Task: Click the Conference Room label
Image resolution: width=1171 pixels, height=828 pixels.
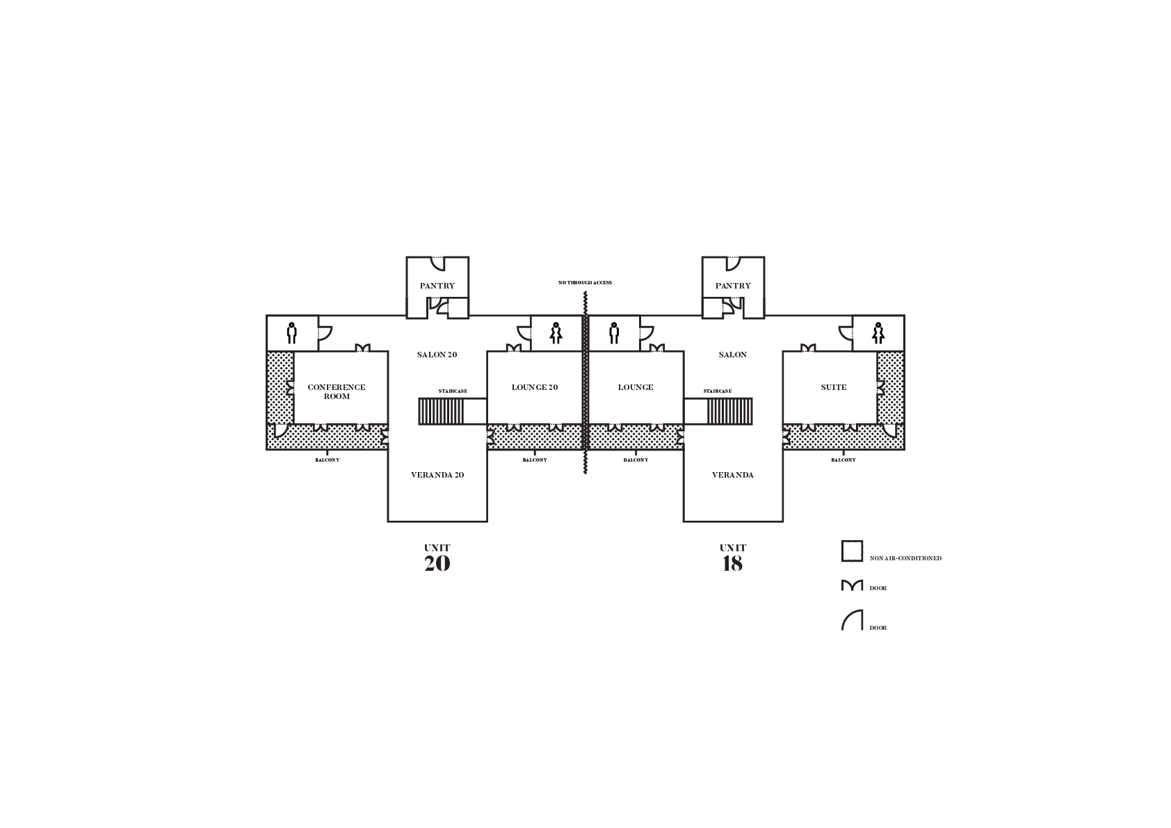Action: [x=336, y=391]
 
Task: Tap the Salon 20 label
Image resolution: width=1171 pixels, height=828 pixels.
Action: [x=437, y=355]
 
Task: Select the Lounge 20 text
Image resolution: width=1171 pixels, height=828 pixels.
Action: [x=535, y=387]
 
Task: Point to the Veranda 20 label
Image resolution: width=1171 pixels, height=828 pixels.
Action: [x=437, y=475]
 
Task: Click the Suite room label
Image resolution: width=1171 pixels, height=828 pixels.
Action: [x=833, y=387]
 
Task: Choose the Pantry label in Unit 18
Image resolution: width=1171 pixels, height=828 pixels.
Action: [x=733, y=286]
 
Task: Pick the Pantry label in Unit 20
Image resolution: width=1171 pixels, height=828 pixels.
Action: [x=437, y=286]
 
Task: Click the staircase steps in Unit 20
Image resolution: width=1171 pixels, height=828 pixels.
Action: [x=441, y=412]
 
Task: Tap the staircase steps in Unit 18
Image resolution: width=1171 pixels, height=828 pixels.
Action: [x=729, y=412]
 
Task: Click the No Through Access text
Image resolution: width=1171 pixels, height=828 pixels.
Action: [x=585, y=283]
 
